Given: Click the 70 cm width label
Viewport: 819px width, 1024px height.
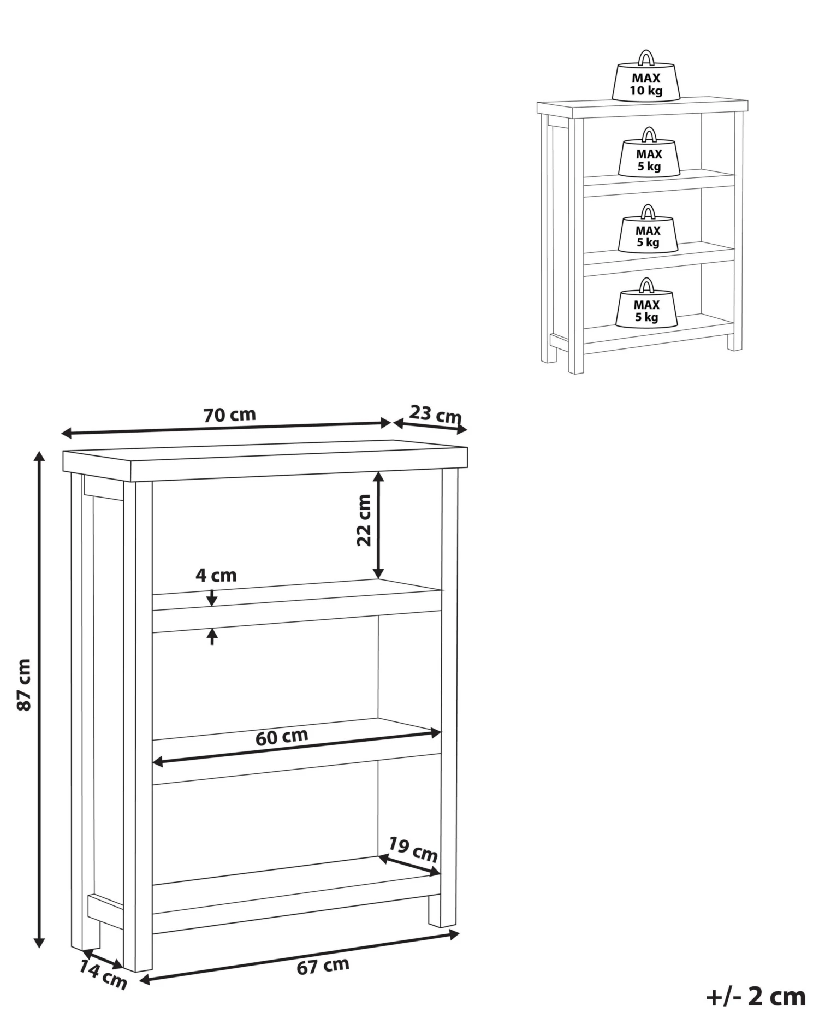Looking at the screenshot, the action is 230,415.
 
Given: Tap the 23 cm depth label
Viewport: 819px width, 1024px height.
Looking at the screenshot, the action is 436,414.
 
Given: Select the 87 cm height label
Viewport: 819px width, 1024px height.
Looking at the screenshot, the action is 24,685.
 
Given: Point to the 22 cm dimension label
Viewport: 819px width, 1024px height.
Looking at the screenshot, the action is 364,520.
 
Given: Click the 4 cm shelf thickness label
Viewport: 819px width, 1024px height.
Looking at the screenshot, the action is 216,576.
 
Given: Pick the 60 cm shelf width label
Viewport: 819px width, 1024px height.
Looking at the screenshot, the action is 282,737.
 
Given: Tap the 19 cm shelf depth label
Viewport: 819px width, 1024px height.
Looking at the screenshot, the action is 413,849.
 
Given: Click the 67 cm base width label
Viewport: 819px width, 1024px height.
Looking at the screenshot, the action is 323,966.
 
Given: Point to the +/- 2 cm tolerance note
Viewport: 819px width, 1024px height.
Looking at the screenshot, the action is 756,996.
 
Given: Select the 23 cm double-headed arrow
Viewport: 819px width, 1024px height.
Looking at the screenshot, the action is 430,426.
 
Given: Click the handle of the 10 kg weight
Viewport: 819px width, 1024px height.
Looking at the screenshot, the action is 646,57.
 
